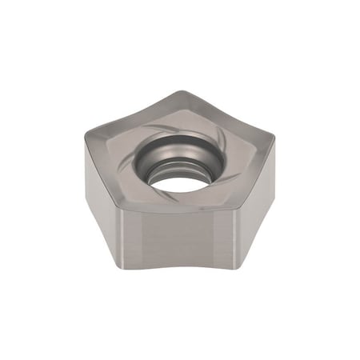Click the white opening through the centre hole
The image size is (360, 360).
pos(178,182)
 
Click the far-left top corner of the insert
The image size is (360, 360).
pos(82,138)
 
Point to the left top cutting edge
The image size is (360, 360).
pos(100,172)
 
